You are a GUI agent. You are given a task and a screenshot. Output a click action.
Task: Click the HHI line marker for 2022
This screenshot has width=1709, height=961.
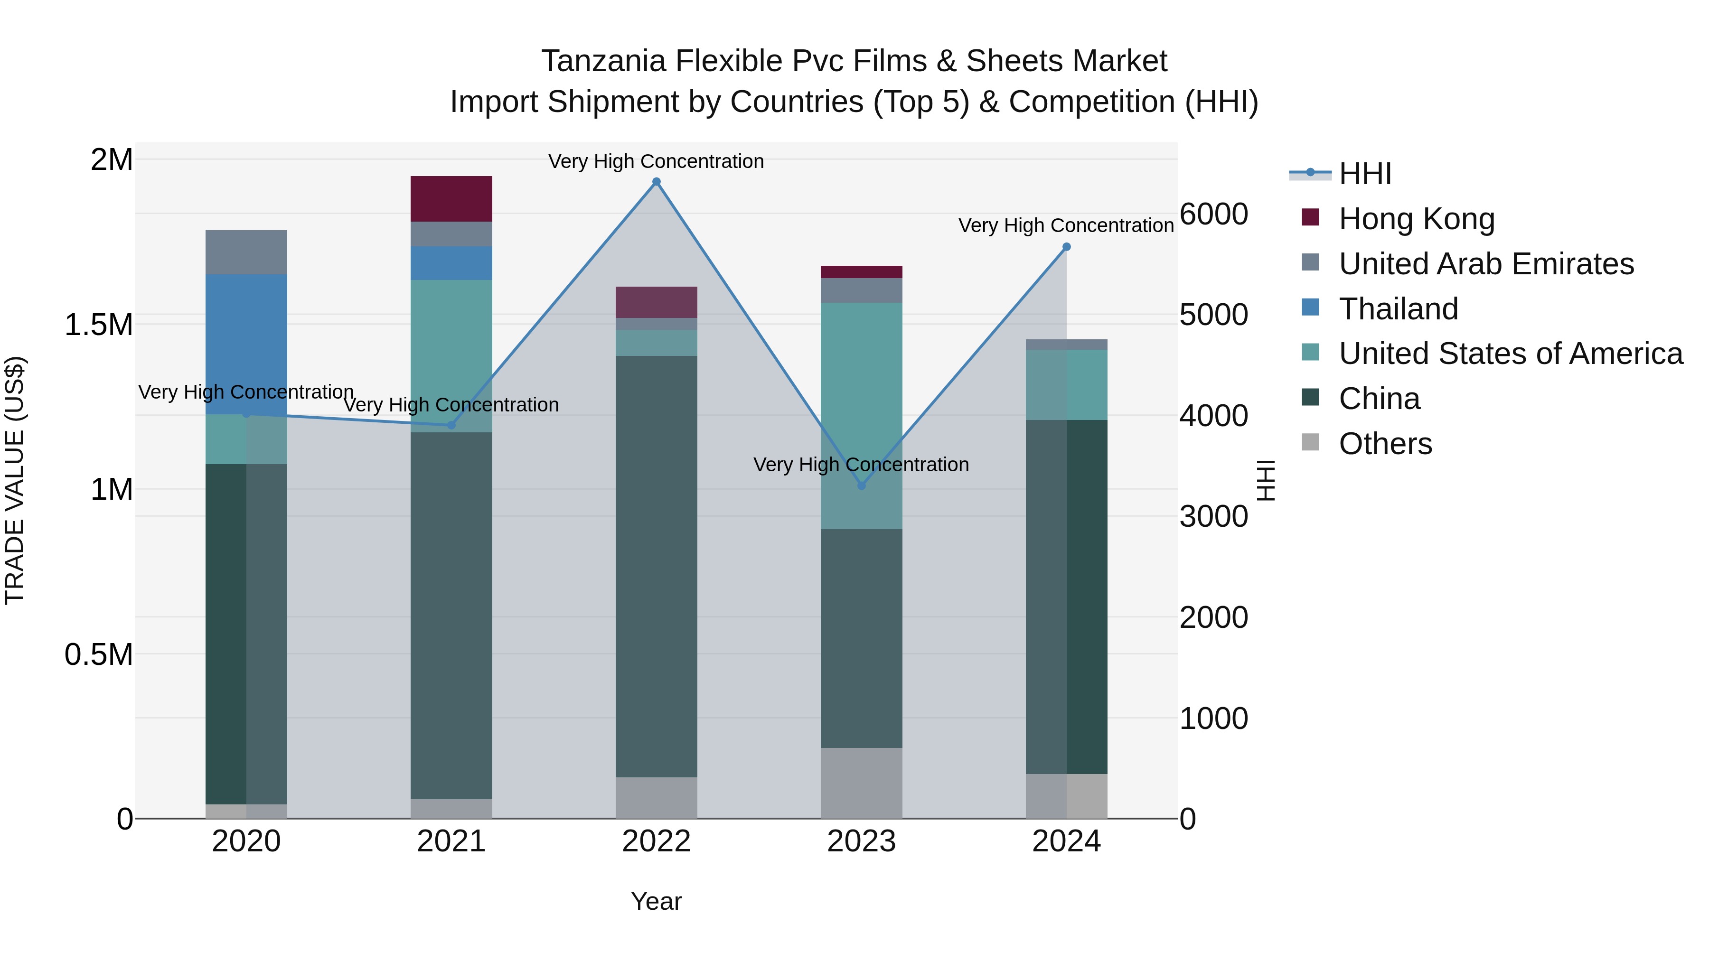(x=656, y=182)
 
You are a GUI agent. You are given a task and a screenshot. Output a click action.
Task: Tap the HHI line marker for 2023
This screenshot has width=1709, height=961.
(x=861, y=485)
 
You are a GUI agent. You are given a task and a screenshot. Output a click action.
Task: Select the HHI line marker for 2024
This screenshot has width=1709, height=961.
(x=1066, y=247)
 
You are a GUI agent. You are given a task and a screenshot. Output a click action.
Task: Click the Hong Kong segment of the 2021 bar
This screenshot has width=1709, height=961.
(x=451, y=198)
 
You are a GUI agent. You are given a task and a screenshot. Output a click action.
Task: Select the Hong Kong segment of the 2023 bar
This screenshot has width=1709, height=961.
(x=861, y=272)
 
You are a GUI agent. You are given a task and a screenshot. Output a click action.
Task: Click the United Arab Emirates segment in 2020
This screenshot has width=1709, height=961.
(x=246, y=252)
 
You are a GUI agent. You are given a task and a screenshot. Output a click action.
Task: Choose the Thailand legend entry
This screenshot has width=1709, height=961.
(x=1398, y=309)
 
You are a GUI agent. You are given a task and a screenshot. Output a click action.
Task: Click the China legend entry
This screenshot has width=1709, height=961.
(x=1379, y=399)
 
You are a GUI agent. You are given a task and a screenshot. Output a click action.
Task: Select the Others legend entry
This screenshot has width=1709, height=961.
(x=1385, y=444)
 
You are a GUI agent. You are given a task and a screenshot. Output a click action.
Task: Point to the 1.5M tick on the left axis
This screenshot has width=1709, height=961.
(x=99, y=325)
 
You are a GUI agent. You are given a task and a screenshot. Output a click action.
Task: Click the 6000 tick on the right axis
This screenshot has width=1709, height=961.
(x=1213, y=214)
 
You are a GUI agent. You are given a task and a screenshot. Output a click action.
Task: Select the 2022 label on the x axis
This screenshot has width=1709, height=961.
(x=656, y=841)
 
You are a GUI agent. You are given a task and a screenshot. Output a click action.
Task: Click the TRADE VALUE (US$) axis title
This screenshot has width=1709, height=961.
(x=15, y=480)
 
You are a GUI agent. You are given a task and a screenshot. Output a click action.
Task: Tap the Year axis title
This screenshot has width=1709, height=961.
(x=656, y=901)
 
